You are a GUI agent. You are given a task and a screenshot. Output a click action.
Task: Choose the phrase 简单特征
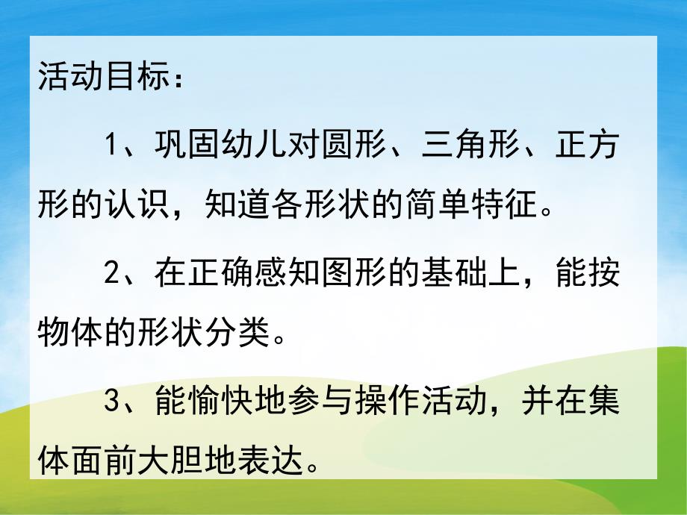tap(462, 204)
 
